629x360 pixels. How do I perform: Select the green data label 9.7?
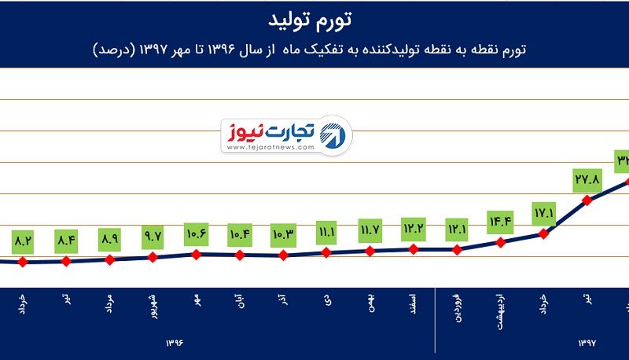click(x=153, y=235)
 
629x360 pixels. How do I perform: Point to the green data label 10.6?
click(x=197, y=233)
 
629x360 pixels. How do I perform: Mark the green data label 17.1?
click(x=543, y=213)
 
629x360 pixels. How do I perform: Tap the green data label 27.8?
click(x=587, y=180)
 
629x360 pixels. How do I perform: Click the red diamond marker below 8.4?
click(x=66, y=261)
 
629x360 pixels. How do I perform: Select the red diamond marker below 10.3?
click(x=284, y=255)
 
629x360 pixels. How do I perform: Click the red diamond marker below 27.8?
click(x=587, y=200)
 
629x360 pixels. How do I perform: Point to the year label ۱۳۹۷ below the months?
click(x=588, y=343)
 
